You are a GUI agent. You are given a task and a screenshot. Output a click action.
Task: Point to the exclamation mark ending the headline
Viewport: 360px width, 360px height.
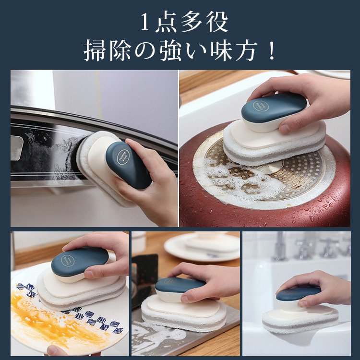(x=272, y=51)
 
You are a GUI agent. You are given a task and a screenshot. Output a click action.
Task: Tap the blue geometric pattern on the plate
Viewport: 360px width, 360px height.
(x=91, y=319)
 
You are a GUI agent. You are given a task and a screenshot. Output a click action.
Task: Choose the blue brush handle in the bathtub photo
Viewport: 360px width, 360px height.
(x=298, y=291)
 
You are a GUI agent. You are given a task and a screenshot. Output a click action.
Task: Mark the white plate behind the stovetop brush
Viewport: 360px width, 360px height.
(x=202, y=247)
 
